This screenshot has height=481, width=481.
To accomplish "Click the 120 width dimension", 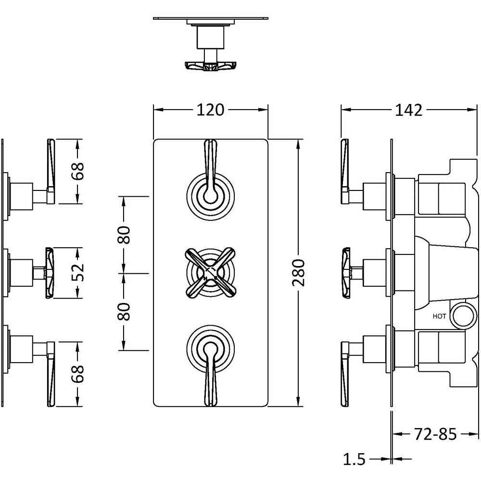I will pos(210,110).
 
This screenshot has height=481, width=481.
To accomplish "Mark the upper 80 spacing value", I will pos(124,235).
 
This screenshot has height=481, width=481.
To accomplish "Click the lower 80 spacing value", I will pos(124,312).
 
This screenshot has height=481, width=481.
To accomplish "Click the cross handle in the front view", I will pos(210,273).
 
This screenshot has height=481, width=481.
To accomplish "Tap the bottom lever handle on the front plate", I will pos(210,378).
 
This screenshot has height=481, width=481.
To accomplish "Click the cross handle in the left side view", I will pos(51,273).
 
